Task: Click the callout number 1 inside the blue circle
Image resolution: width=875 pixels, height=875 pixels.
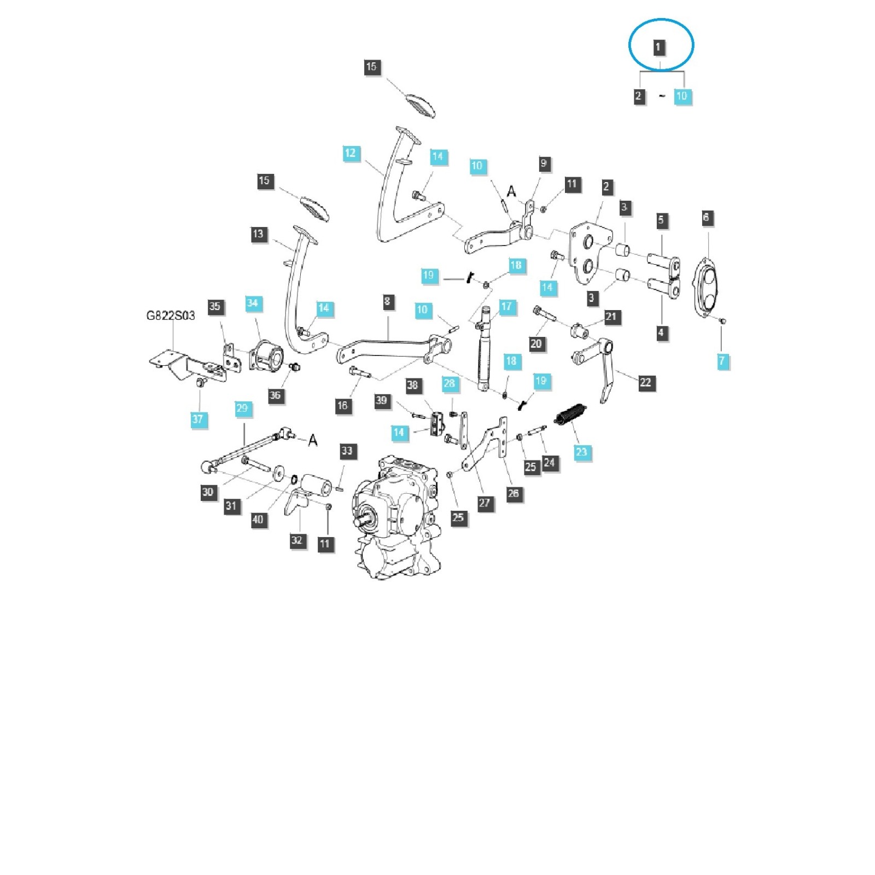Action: pyautogui.click(x=658, y=47)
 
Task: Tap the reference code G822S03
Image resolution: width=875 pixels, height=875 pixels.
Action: pyautogui.click(x=170, y=316)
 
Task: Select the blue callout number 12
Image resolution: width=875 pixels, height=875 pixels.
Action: pyautogui.click(x=350, y=153)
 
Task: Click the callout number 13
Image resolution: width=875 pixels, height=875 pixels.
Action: pyautogui.click(x=258, y=234)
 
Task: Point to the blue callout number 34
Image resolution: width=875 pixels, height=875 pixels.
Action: pyautogui.click(x=252, y=303)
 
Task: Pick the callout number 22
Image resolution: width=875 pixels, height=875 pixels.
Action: pyautogui.click(x=645, y=382)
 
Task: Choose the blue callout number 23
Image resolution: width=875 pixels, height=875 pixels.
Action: pyautogui.click(x=581, y=452)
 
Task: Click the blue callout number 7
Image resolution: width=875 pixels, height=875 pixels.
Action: pyautogui.click(x=722, y=360)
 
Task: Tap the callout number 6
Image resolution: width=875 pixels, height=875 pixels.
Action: pyautogui.click(x=705, y=218)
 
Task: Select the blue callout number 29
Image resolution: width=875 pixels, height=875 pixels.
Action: pyautogui.click(x=242, y=408)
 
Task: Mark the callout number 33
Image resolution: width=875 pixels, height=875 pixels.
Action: pyautogui.click(x=347, y=451)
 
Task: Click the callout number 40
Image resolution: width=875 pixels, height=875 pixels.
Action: pyautogui.click(x=258, y=520)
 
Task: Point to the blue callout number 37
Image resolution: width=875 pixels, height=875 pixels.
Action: pyautogui.click(x=197, y=419)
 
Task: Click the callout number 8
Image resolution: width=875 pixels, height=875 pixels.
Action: pyautogui.click(x=387, y=301)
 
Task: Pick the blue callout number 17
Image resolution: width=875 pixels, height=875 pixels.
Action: pyautogui.click(x=506, y=306)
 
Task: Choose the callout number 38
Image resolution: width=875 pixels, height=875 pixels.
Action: pyautogui.click(x=412, y=385)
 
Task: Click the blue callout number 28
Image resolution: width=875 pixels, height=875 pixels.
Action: pyautogui.click(x=449, y=383)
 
